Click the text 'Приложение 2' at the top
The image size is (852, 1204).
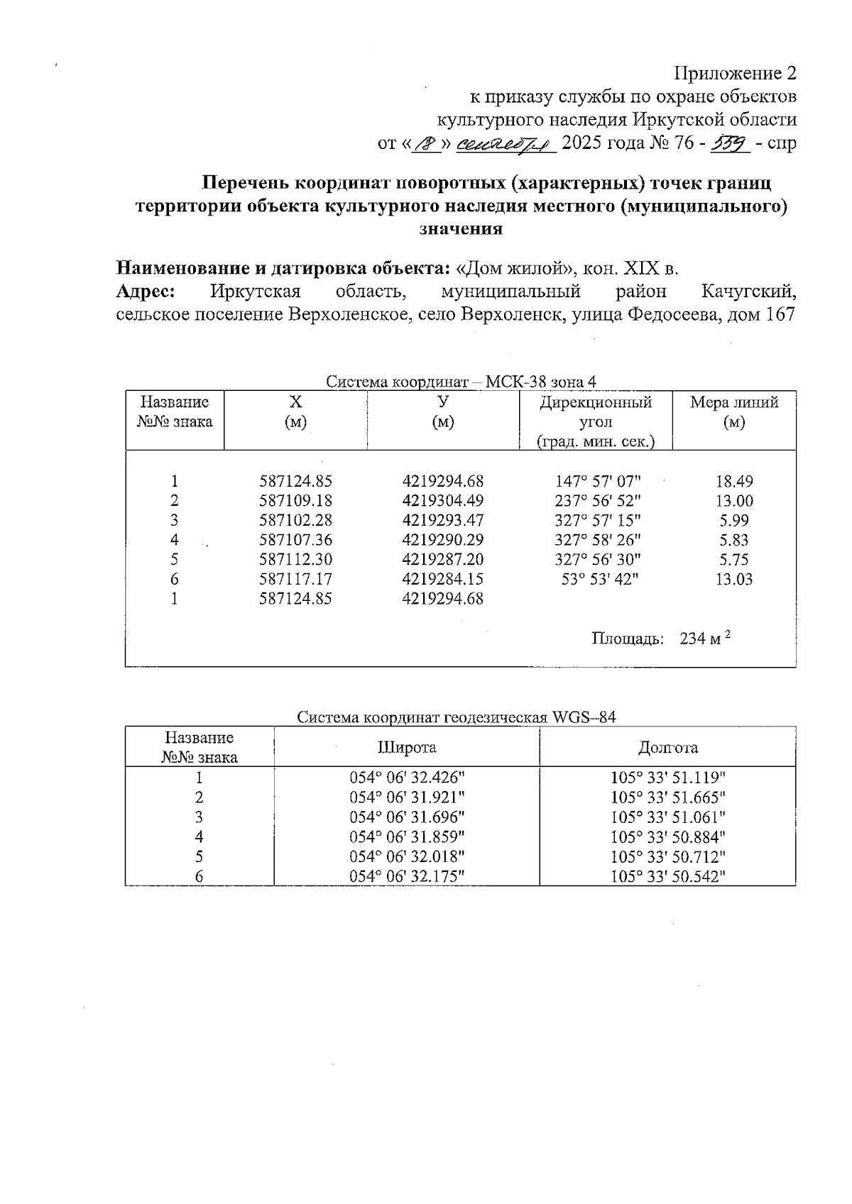tap(735, 74)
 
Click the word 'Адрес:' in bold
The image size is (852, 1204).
tap(146, 292)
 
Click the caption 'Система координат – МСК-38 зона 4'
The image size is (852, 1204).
tap(461, 382)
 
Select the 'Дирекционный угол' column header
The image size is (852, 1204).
tap(595, 422)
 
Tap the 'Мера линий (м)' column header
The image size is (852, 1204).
tap(733, 412)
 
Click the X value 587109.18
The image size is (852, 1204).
tap(295, 501)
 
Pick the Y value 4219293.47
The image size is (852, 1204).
tap(442, 520)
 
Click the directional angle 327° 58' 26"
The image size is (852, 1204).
tap(597, 540)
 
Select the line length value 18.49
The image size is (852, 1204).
tap(734, 481)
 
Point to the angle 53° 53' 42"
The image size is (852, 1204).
tap(600, 579)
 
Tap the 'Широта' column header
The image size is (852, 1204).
tap(407, 747)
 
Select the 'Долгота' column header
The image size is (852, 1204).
tap(667, 747)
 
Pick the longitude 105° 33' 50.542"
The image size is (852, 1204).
tap(667, 876)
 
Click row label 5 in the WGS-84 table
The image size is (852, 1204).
tap(200, 856)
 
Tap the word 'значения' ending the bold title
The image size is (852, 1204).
tap(461, 229)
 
